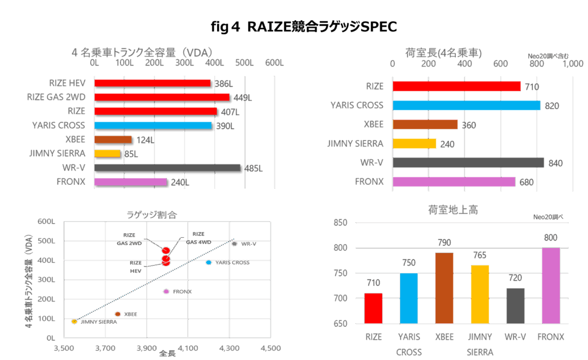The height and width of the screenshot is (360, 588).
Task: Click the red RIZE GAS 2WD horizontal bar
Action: pyautogui.click(x=162, y=97)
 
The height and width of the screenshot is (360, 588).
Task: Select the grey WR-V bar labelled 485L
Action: pyautogui.click(x=168, y=168)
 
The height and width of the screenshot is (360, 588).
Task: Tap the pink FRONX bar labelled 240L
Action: pyautogui.click(x=130, y=182)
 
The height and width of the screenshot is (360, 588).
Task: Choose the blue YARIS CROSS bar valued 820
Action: pyautogui.click(x=466, y=106)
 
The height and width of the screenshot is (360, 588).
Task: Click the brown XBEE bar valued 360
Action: pyautogui.click(x=425, y=125)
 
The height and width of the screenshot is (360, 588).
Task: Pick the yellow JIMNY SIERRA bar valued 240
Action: pyautogui.click(x=414, y=144)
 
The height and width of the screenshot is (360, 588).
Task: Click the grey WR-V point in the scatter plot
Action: pyautogui.click(x=234, y=243)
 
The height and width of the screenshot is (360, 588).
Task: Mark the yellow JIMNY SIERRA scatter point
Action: pyautogui.click(x=74, y=322)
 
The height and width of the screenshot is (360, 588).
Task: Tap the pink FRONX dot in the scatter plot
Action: pyautogui.click(x=167, y=292)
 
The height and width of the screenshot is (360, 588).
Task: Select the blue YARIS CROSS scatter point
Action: pyautogui.click(x=208, y=262)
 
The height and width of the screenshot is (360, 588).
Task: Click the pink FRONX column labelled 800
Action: pyautogui.click(x=551, y=285)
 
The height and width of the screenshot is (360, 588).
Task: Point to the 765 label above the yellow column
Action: pyautogui.click(x=479, y=255)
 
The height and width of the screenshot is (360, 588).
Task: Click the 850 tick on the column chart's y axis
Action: pyautogui.click(x=341, y=222)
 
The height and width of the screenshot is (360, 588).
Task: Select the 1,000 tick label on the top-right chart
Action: pyautogui.click(x=573, y=64)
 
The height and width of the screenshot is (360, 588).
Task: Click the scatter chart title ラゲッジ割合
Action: pyautogui.click(x=152, y=214)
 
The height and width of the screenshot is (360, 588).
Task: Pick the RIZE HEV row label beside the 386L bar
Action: pyautogui.click(x=67, y=83)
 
